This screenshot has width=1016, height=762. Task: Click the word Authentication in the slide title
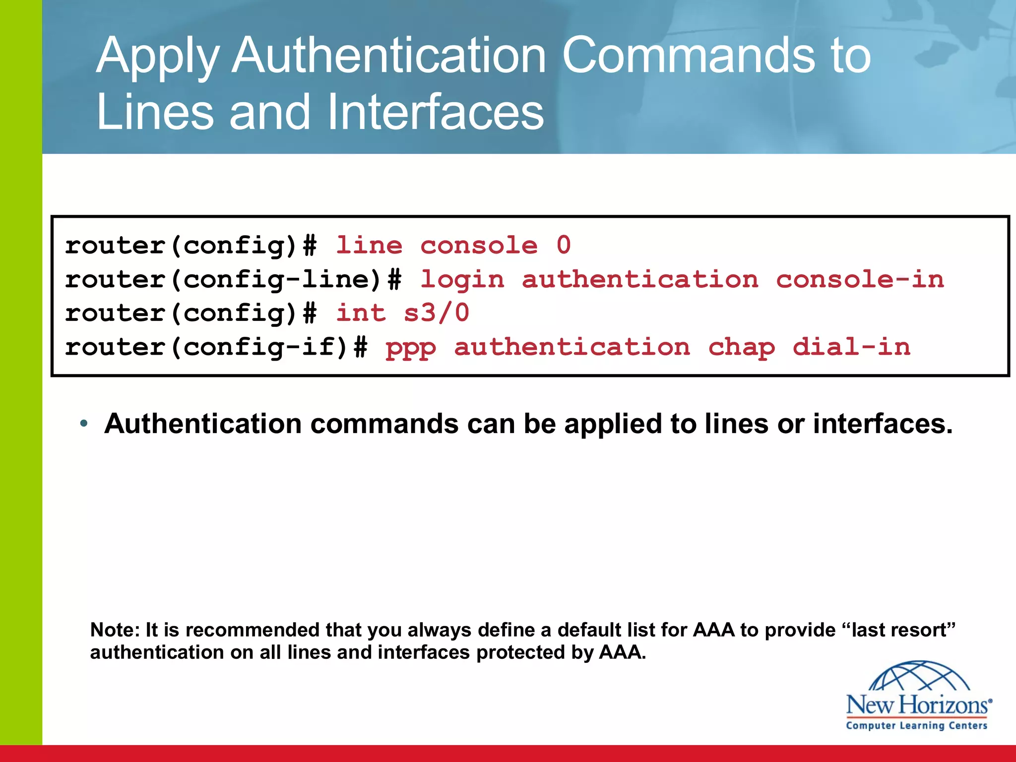point(390,56)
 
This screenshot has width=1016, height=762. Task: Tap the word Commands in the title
point(688,56)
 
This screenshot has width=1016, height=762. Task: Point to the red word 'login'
point(462,280)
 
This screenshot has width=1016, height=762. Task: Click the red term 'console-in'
point(860,280)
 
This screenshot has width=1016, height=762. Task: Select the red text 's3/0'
point(437,313)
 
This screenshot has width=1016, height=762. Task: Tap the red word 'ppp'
point(411,347)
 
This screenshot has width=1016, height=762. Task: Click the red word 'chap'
point(741,347)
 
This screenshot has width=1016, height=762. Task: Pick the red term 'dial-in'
point(851,347)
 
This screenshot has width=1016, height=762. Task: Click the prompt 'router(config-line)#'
point(233,280)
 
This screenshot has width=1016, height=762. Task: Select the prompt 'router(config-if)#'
point(216,347)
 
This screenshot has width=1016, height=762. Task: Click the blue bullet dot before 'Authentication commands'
point(84,424)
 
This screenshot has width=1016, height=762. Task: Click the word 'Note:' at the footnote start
point(115,630)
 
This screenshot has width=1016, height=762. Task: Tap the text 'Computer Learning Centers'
point(917,726)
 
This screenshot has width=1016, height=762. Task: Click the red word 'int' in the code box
point(361,313)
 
